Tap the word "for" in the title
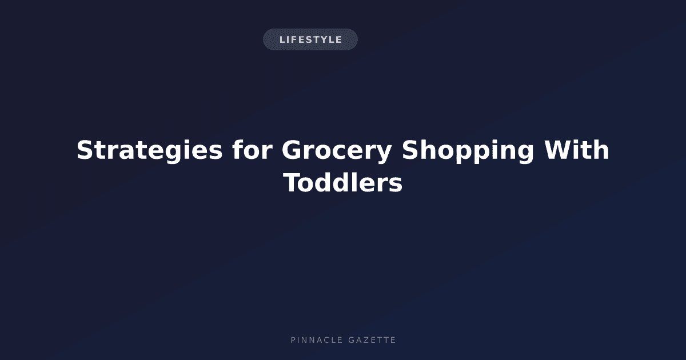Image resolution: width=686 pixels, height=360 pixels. (x=252, y=149)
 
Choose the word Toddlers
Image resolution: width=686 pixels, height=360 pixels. (x=342, y=182)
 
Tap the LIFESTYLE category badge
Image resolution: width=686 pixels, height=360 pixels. (x=310, y=39)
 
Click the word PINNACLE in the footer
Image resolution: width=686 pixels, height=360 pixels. (x=317, y=340)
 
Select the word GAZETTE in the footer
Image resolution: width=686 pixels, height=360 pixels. (x=372, y=340)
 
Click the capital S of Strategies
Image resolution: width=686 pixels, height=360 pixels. (x=85, y=150)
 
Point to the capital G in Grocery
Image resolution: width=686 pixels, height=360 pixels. (x=292, y=150)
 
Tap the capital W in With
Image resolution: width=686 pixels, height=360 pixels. (x=558, y=150)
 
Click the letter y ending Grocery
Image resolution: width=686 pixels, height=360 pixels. (x=384, y=154)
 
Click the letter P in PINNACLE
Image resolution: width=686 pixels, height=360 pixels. (x=293, y=340)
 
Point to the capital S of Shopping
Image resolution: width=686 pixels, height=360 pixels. (x=410, y=150)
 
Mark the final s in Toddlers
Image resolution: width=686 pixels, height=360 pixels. (x=396, y=185)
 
